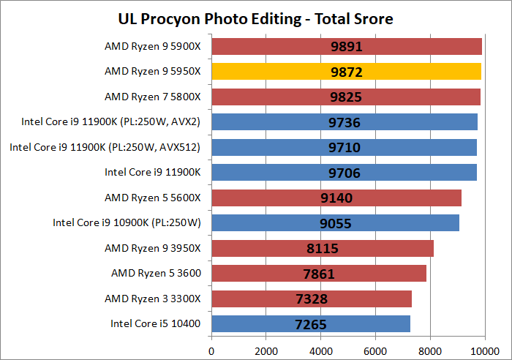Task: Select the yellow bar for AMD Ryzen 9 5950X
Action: [x=346, y=72]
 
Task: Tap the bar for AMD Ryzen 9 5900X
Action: [x=347, y=47]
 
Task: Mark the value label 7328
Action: [x=312, y=299]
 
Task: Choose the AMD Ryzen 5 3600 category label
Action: [x=156, y=274]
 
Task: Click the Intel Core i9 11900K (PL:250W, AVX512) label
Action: [x=105, y=148]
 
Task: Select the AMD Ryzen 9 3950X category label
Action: [x=152, y=248]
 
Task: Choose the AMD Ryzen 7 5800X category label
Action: [x=152, y=97]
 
